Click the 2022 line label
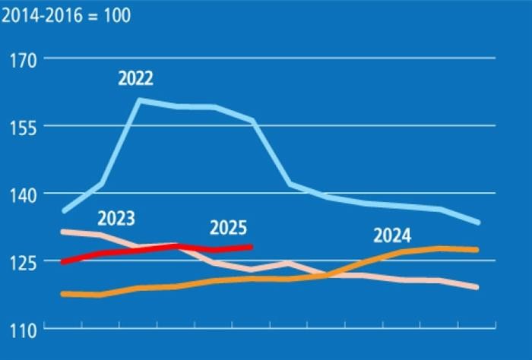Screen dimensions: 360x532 (135, 78)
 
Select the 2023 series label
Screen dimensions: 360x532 (116, 219)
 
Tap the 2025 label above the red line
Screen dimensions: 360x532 (229, 227)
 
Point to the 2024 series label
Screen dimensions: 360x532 (392, 235)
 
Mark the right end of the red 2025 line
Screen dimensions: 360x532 (251, 246)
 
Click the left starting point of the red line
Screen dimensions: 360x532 (63, 262)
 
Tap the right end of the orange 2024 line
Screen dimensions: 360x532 (477, 249)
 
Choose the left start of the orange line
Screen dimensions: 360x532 (63, 294)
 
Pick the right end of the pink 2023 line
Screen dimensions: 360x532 (477, 287)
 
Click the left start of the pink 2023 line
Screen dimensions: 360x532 (63, 231)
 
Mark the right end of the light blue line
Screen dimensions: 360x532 (477, 223)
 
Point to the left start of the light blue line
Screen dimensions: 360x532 (64, 210)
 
